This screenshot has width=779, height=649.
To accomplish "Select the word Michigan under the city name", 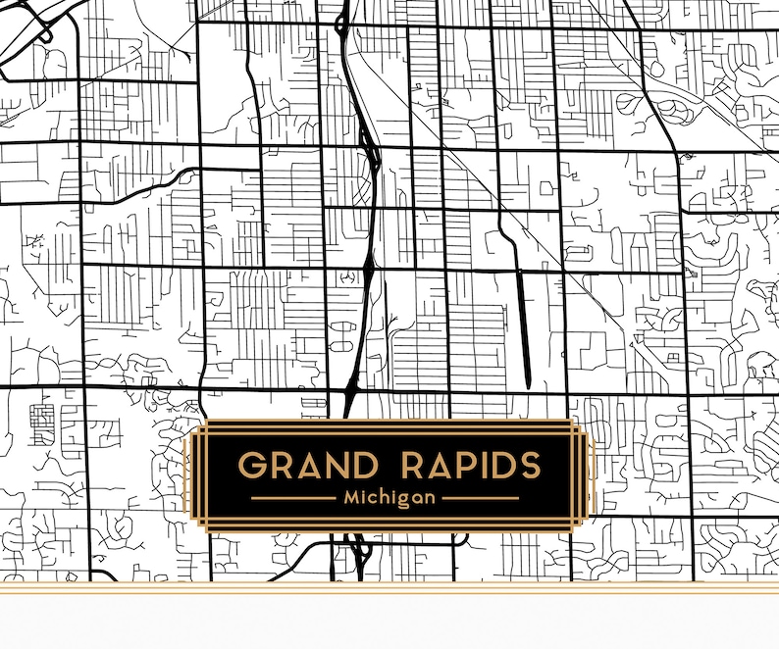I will click(389, 498).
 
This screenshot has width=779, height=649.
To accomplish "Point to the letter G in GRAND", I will click(254, 465).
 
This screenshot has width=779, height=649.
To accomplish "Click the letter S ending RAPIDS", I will click(527, 465).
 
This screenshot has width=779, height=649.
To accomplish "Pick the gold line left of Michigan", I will click(293, 498).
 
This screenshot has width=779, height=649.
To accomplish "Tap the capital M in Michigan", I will click(352, 498).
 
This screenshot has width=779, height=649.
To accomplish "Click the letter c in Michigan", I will click(375, 499).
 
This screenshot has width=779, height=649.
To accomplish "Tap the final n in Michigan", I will click(430, 499).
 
